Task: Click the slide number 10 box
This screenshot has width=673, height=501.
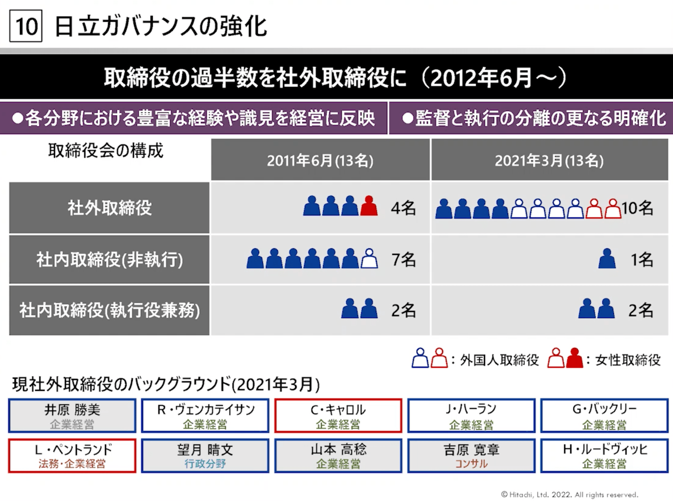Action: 26,26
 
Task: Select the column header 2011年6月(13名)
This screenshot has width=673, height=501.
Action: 320,161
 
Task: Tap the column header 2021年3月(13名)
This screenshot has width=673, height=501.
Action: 549,161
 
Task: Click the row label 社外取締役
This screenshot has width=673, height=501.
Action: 109,208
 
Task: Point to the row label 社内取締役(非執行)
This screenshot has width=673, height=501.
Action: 109,259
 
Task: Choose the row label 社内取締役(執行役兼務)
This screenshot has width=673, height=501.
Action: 109,310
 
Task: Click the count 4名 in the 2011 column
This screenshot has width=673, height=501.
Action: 403,208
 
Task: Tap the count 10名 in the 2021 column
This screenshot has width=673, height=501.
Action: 637,208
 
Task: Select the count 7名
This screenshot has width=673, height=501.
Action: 403,259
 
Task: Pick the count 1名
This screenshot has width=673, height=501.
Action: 641,259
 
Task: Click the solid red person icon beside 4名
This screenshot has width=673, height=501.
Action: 369,206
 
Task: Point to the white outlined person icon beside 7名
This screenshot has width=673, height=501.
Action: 369,259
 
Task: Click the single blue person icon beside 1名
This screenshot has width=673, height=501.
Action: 607,259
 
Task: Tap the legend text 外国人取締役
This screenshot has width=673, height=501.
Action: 499,360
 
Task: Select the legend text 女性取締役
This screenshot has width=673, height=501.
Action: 628,360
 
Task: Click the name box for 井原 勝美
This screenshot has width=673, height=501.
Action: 72,415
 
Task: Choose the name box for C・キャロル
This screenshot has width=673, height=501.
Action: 338,415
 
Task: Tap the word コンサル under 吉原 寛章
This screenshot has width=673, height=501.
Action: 471,464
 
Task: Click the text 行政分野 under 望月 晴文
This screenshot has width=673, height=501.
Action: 205,464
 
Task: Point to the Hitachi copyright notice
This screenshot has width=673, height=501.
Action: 569,495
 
